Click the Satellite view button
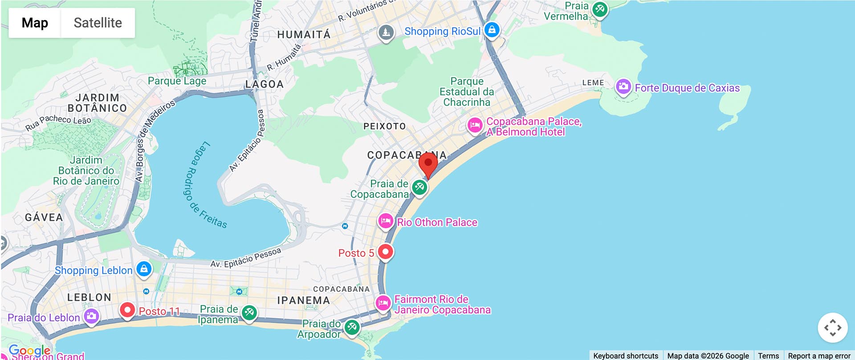[x=98, y=23]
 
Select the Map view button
[x=35, y=23]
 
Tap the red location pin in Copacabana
[x=428, y=164]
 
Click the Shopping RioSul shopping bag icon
[x=492, y=30]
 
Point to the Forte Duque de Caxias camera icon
[x=623, y=86]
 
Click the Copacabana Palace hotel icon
[x=475, y=125]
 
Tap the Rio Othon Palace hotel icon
[x=385, y=221]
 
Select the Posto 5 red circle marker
[x=385, y=252]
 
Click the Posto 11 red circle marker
[x=127, y=310]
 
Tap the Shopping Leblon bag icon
[x=144, y=269]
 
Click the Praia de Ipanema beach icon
[x=249, y=312]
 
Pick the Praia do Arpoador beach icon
[x=352, y=327]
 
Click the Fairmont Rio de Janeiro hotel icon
[x=383, y=303]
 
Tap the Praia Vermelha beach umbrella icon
[x=599, y=9]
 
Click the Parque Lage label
[x=177, y=81]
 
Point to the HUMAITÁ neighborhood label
[x=304, y=35]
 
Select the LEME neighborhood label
[x=593, y=83]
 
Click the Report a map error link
[x=819, y=356]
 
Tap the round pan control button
[x=832, y=328]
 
